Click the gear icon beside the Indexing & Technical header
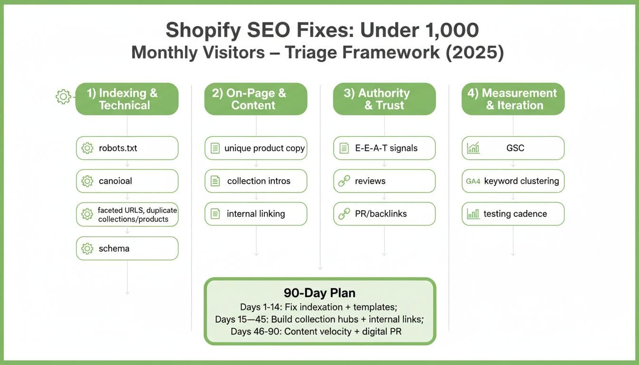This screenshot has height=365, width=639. click(x=63, y=96)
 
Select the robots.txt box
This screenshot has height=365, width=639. click(x=127, y=148)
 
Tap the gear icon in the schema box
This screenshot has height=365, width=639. click(x=87, y=249)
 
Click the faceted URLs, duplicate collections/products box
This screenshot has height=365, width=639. click(x=127, y=214)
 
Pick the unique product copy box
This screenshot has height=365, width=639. click(x=256, y=148)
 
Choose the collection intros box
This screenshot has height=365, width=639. click(x=256, y=181)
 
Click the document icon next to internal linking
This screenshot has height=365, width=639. click(x=215, y=214)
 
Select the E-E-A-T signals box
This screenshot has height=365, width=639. click(x=385, y=148)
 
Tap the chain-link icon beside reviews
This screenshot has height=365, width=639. click(x=344, y=181)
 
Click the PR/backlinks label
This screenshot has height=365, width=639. click(x=381, y=214)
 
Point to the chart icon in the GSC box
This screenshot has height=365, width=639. click(x=473, y=148)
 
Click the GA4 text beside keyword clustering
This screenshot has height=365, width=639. click(x=473, y=182)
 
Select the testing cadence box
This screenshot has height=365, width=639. click(x=513, y=214)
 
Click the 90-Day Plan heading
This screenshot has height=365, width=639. click(x=319, y=293)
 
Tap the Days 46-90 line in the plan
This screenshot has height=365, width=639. click(x=316, y=332)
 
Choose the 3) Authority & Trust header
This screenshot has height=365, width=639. click(x=385, y=99)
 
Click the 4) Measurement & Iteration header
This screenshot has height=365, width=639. click(x=513, y=99)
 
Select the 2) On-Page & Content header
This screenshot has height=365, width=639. click(x=256, y=99)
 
